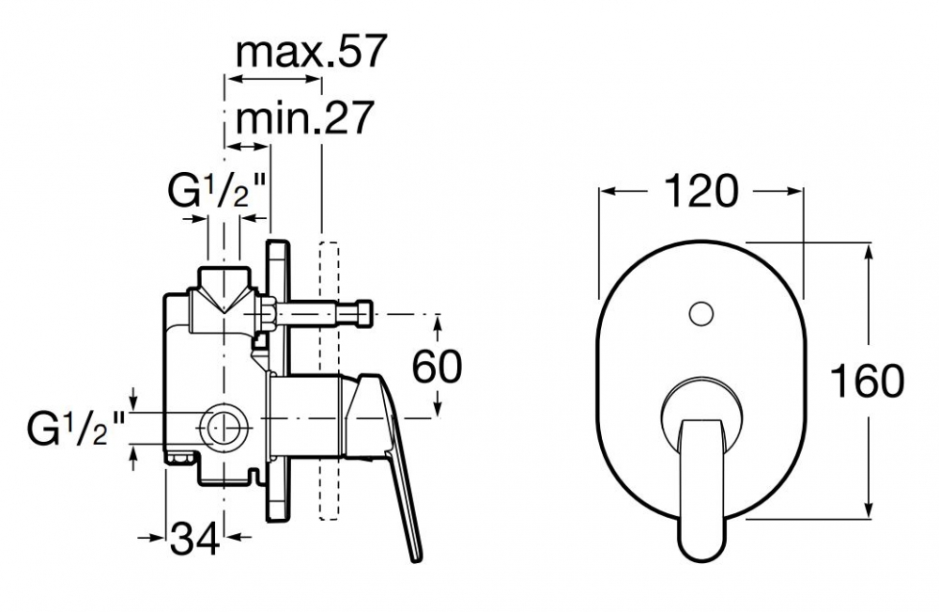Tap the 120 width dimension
pyautogui.click(x=700, y=191)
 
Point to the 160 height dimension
pyautogui.click(x=867, y=382)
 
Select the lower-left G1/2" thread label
pyautogui.click(x=75, y=428)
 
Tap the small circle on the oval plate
pyautogui.click(x=700, y=313)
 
